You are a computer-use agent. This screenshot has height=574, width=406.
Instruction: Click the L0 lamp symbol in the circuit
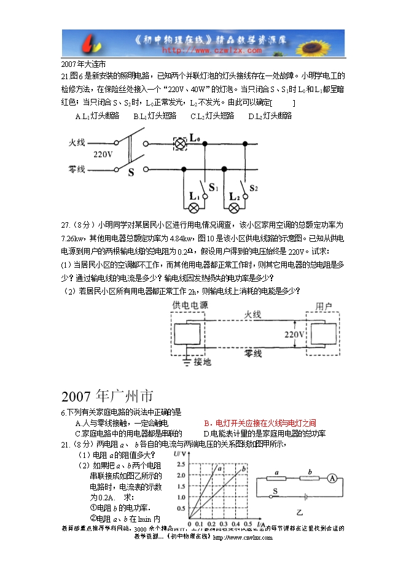(x=181, y=144)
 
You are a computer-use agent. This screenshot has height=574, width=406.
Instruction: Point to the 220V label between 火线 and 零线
(x=103, y=155)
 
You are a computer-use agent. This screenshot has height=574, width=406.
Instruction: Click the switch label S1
(x=213, y=187)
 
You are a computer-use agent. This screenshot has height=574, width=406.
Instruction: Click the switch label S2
(x=254, y=188)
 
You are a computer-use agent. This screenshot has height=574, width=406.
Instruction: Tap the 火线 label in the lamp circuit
(x=77, y=142)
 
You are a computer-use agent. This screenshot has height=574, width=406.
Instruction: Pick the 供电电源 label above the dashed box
(x=190, y=305)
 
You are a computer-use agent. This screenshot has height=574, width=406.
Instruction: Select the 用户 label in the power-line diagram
(x=324, y=306)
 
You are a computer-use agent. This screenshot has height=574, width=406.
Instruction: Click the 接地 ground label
(x=202, y=362)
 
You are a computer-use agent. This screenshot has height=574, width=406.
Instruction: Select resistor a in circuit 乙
(x=278, y=480)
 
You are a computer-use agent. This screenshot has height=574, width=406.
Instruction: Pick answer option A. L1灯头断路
(x=96, y=115)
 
